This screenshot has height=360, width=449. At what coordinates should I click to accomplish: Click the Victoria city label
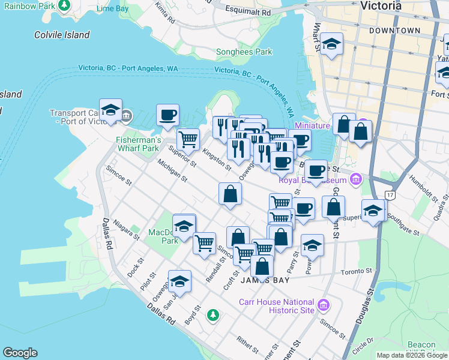point(381,6)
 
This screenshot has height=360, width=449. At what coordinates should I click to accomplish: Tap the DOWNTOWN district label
point(394,30)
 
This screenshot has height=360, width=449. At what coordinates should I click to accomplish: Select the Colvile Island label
point(62,35)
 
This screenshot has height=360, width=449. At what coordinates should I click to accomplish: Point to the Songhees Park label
point(244,52)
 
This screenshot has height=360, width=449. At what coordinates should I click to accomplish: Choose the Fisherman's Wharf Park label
point(137,144)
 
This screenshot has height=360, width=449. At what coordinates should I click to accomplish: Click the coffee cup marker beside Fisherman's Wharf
point(168,114)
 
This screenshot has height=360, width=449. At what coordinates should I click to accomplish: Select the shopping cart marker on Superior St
point(188,139)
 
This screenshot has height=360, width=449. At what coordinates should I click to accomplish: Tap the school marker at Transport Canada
point(110,110)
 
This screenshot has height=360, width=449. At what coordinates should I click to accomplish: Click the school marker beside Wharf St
point(331,44)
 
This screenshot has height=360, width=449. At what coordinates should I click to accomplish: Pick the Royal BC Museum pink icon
point(357,179)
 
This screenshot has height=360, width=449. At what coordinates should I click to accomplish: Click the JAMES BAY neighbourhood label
point(265,280)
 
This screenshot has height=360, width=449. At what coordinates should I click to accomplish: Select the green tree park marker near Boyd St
point(212,314)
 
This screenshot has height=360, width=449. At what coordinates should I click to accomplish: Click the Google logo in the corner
point(20,353)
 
